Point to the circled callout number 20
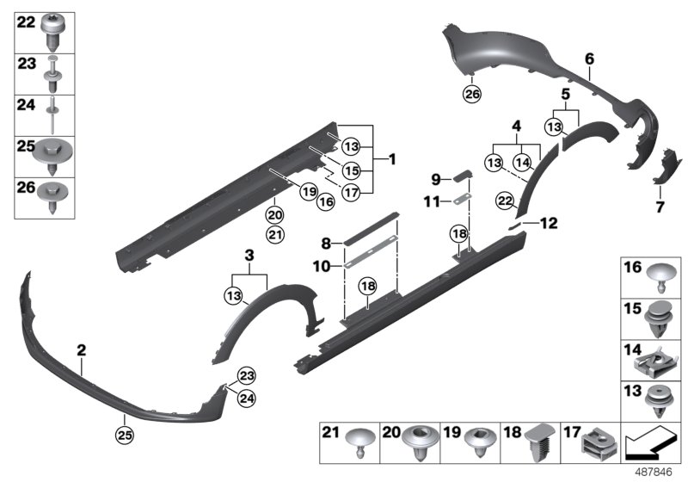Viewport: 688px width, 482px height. click(x=274, y=215)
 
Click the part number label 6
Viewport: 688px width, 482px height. click(x=590, y=59)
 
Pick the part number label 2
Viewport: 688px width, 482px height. click(x=82, y=350)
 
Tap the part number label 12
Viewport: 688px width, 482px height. click(x=548, y=223)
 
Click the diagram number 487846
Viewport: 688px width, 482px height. click(x=655, y=471)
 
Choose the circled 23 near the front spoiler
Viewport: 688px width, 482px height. click(x=248, y=375)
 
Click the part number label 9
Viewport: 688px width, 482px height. click(x=436, y=179)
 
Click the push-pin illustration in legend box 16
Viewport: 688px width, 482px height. click(x=660, y=278)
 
